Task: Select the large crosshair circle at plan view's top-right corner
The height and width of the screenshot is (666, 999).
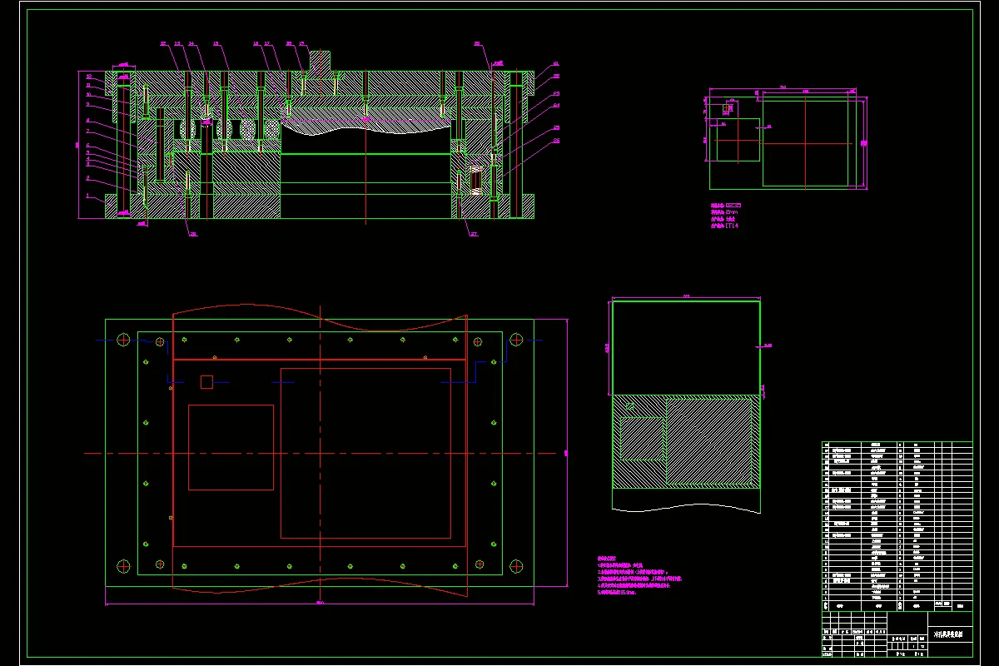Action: point(516,339)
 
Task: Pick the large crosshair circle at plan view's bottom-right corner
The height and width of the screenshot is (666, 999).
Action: point(516,565)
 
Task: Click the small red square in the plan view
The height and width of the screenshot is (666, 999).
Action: point(206,381)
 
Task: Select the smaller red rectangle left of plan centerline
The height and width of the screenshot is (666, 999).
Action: point(231,447)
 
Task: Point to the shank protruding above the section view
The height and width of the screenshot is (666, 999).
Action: point(320,60)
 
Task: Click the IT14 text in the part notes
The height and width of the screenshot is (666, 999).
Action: point(733,225)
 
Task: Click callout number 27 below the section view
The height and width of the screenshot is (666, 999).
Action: point(475,234)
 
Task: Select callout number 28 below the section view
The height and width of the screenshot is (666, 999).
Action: point(193,234)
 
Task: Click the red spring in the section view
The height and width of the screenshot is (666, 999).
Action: point(476,180)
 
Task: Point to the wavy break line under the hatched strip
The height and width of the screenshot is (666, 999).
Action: point(686,507)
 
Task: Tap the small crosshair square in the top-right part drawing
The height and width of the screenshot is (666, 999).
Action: point(729,107)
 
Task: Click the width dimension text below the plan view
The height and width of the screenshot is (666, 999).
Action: point(320,602)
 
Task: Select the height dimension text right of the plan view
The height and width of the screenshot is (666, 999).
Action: point(565,453)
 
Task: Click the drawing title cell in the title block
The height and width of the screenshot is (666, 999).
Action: point(949,634)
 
